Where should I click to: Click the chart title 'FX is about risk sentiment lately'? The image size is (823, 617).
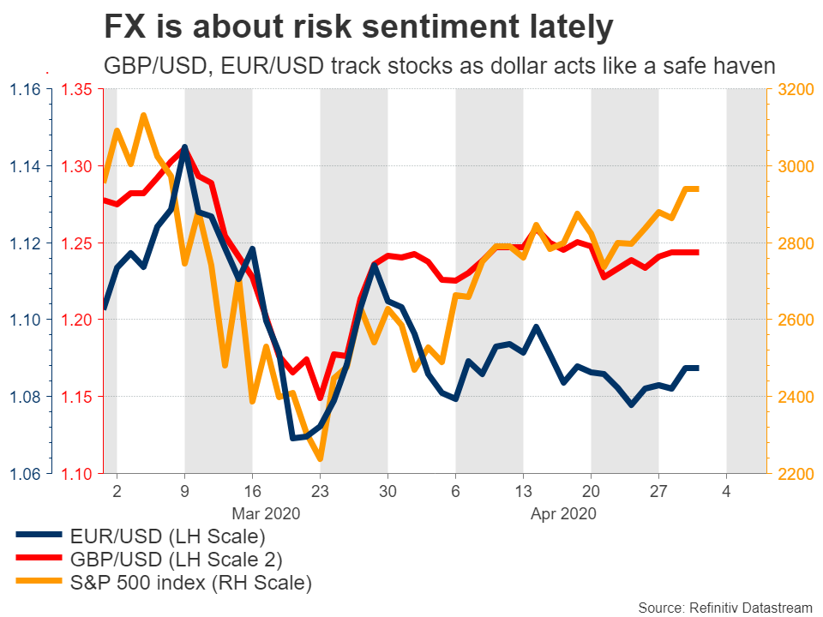(358, 27)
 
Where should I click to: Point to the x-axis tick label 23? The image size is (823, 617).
(320, 493)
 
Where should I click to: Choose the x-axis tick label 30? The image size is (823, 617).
(387, 493)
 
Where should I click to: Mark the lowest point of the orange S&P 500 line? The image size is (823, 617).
(320, 459)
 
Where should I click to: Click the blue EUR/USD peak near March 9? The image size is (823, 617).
(184, 147)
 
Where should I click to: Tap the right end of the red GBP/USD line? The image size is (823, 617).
(698, 252)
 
